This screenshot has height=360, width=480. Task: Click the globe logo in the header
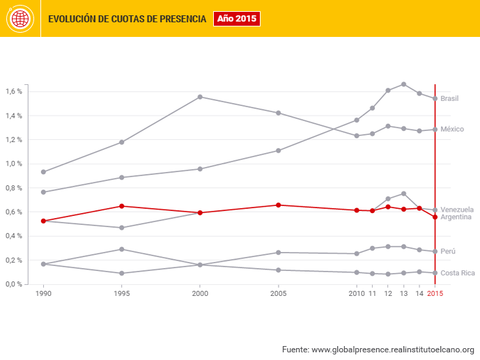(20, 19)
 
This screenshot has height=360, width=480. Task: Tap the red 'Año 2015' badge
(236, 19)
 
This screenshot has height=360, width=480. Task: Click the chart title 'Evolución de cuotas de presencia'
(127, 19)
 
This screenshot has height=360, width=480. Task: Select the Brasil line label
(449, 99)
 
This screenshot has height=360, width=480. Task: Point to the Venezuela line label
(457, 210)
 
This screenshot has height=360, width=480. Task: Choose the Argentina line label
(456, 217)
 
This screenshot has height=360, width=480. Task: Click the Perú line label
(449, 251)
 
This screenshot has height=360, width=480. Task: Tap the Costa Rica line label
(458, 273)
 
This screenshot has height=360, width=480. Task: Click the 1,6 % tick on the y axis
(14, 92)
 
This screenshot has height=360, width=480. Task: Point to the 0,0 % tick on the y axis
(14, 284)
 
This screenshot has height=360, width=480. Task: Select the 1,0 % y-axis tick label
(14, 164)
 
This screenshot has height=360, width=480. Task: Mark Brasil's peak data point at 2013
(404, 84)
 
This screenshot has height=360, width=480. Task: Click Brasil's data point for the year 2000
(200, 97)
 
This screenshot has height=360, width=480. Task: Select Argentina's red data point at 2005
(279, 205)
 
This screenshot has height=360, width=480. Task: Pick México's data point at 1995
(122, 178)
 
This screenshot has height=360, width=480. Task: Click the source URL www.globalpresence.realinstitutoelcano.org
(393, 349)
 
